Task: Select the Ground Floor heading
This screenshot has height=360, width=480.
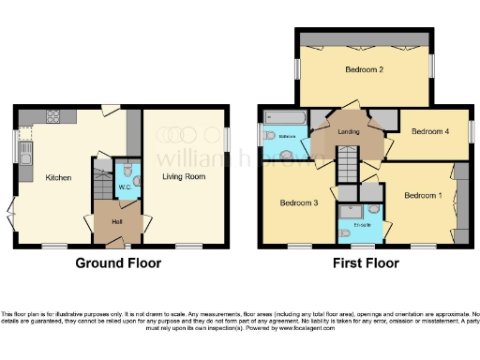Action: click(x=118, y=263)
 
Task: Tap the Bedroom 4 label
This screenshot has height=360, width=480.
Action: click(x=427, y=132)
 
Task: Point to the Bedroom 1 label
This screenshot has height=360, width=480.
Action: click(x=421, y=196)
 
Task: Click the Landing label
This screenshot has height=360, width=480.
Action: click(x=350, y=132)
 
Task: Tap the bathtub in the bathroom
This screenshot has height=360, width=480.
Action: click(x=283, y=118)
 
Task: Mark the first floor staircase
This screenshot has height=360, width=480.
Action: click(x=348, y=169)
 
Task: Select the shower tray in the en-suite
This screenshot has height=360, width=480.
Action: click(x=350, y=212)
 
